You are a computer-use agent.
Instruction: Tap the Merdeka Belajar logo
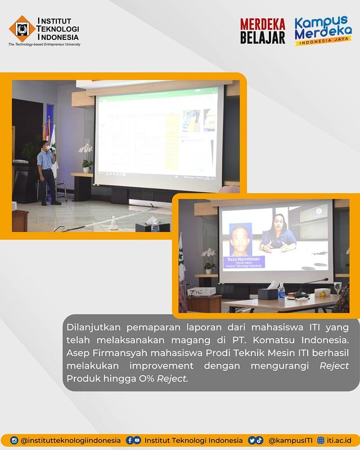click(263, 31)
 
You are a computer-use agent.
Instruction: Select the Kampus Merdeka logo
click(323, 31)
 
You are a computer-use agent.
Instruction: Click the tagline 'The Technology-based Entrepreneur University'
click(44, 44)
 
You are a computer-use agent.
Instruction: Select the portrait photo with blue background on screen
click(241, 238)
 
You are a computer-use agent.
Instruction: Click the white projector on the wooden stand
click(201, 292)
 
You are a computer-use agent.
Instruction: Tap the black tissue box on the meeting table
click(268, 293)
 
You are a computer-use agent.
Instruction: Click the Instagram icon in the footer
click(14, 440)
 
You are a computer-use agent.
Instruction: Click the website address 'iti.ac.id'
click(340, 440)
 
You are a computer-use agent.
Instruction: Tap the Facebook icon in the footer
click(130, 440)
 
